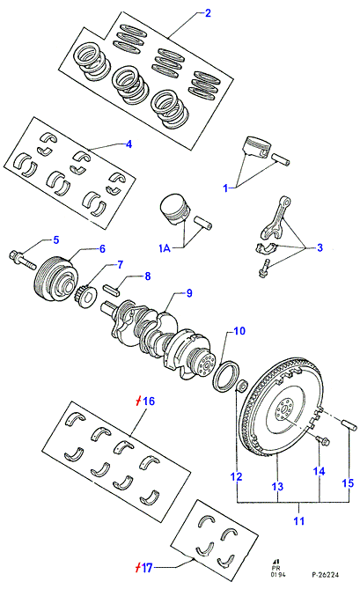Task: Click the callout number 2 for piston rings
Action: (x=208, y=13)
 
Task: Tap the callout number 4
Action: (x=129, y=144)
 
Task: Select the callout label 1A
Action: (x=165, y=248)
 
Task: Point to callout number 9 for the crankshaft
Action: (x=189, y=293)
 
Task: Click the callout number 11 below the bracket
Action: (x=298, y=521)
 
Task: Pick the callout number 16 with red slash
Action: (x=145, y=401)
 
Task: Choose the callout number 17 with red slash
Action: (x=143, y=568)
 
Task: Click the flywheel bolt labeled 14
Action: (x=322, y=440)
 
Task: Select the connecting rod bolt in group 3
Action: (x=263, y=269)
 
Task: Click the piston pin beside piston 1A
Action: (x=202, y=221)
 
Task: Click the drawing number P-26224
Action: (x=325, y=575)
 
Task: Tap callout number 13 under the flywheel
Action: (x=277, y=487)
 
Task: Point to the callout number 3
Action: (x=320, y=247)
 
